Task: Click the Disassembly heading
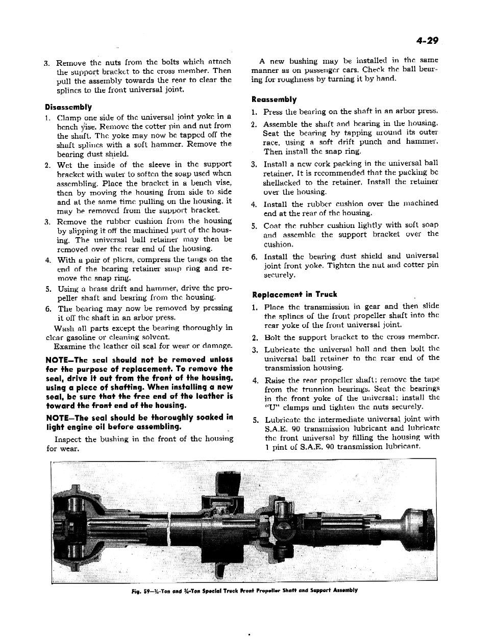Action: point(68,107)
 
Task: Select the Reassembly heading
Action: point(274,99)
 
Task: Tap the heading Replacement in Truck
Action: point(294,294)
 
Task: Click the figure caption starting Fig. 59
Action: point(244,590)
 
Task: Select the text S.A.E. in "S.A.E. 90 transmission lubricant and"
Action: point(277,428)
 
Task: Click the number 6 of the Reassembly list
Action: point(254,257)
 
